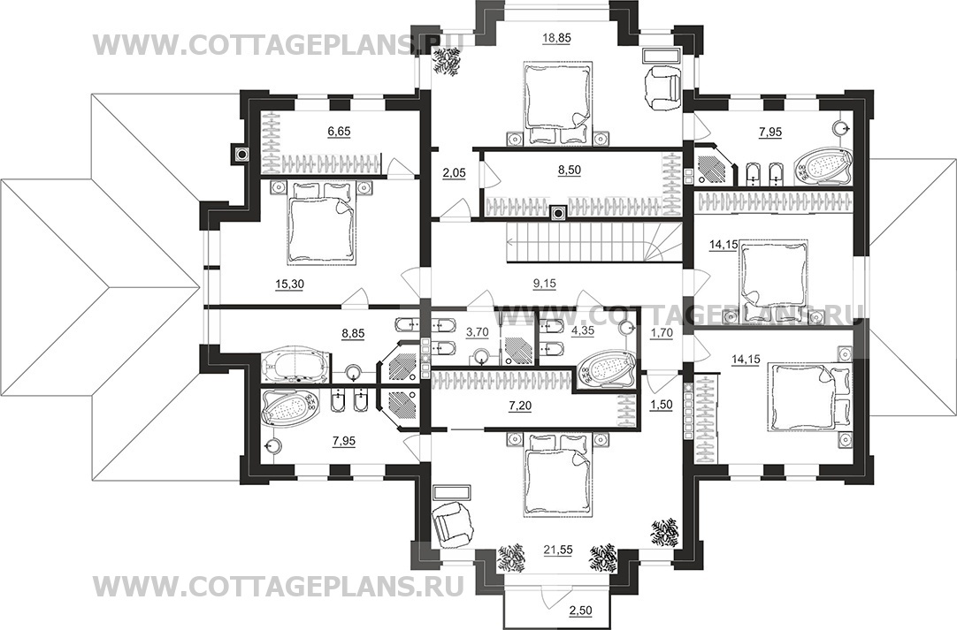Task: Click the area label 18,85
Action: [556, 38]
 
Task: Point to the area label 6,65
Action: [339, 131]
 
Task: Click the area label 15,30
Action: [289, 284]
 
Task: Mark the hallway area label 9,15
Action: [545, 284]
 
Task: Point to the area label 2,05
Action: [454, 173]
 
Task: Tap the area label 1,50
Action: [661, 405]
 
